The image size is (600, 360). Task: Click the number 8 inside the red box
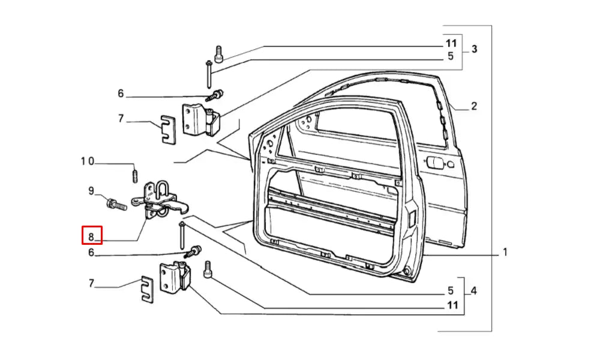tap(92, 235)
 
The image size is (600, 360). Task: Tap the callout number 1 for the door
tap(505, 253)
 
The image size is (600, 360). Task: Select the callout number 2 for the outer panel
tap(473, 107)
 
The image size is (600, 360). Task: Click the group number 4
tap(474, 292)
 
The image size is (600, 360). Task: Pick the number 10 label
tap(88, 161)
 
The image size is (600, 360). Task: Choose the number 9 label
tap(91, 191)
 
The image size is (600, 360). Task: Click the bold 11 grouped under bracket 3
tap(451, 43)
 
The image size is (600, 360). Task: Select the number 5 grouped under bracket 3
tap(451, 57)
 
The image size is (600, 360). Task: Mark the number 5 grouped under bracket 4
tap(451, 292)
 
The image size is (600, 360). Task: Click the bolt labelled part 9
tap(115, 204)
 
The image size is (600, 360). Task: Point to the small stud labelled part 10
tap(136, 176)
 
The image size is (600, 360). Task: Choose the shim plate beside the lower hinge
tap(147, 289)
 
